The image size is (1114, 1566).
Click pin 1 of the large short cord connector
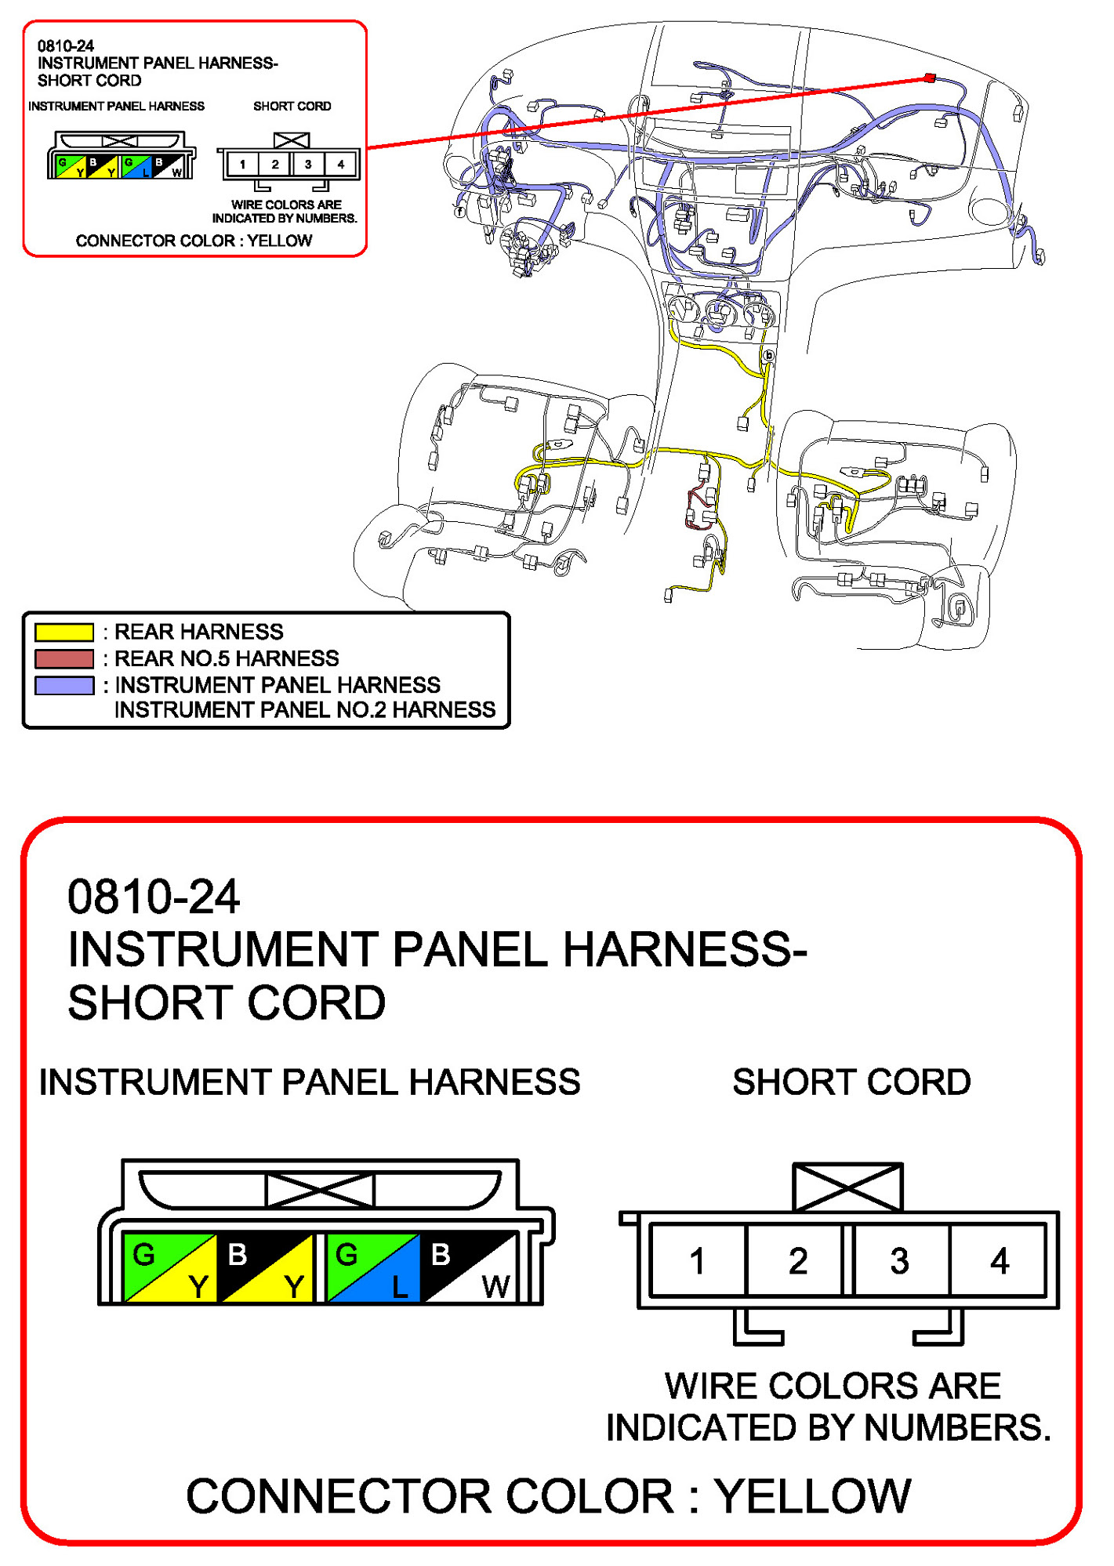(697, 1261)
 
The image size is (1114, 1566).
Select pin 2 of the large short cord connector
(797, 1261)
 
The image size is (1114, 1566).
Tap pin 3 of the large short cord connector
(900, 1261)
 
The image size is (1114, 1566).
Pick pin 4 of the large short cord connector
(1000, 1261)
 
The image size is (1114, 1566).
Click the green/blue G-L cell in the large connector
(372, 1268)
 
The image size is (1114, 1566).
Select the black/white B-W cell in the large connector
(469, 1268)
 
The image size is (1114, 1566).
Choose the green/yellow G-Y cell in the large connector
(169, 1268)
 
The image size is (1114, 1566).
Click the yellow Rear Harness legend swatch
(64, 632)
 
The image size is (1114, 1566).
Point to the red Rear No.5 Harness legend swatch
(64, 658)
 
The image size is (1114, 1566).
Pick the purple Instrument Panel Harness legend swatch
(64, 685)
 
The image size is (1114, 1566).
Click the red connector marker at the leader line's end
(930, 78)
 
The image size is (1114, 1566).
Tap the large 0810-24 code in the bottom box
(154, 897)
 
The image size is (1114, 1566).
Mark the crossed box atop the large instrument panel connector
(320, 1191)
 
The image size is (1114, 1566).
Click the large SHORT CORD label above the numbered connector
(851, 1082)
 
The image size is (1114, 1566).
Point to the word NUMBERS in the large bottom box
(957, 1428)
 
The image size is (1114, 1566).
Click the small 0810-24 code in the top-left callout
(66, 46)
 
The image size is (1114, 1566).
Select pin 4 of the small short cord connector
(340, 165)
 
